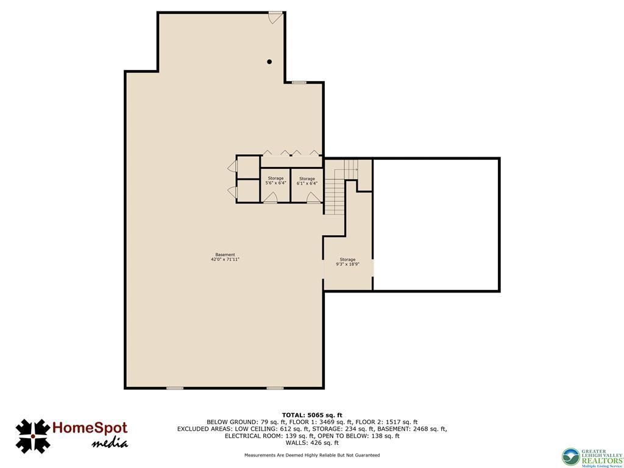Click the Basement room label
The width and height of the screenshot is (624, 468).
tap(225, 255)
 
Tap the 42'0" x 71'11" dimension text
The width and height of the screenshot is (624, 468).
tap(225, 260)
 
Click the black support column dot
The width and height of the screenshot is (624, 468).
tap(269, 62)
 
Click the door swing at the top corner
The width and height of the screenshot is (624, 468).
tap(275, 16)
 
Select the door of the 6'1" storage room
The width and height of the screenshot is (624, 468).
tap(313, 197)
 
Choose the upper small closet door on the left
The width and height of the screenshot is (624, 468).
tap(232, 167)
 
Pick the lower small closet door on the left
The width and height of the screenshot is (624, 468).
tap(232, 192)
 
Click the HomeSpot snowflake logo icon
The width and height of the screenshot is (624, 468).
tap(32, 435)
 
